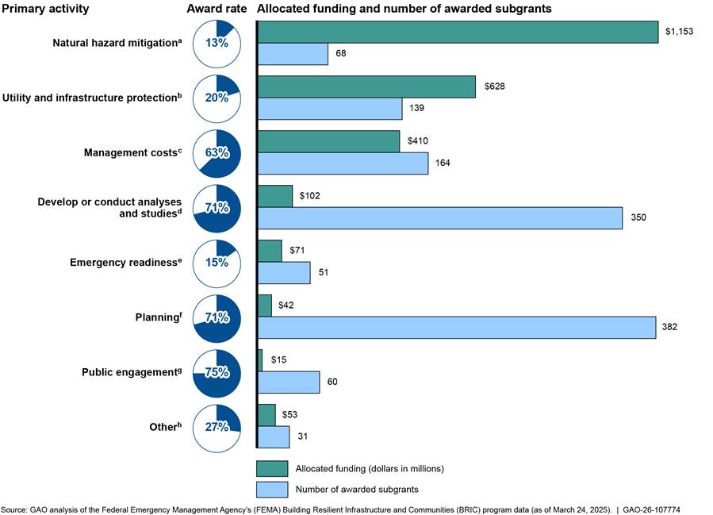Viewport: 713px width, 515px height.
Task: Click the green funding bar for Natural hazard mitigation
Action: (x=458, y=32)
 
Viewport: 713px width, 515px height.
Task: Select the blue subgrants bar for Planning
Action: (x=457, y=328)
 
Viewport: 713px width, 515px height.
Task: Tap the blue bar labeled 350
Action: (x=440, y=218)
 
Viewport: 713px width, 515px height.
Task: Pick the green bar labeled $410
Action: (x=329, y=141)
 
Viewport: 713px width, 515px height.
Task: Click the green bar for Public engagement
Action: (x=260, y=360)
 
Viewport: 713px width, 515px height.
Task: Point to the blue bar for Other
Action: (x=274, y=436)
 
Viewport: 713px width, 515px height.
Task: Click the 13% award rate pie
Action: (x=217, y=44)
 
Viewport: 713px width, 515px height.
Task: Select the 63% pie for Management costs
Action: (x=217, y=154)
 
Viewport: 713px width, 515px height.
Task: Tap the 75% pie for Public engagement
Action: (x=217, y=373)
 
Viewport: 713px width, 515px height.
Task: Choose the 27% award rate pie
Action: (x=217, y=428)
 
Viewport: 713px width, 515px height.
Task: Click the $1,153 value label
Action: (x=680, y=32)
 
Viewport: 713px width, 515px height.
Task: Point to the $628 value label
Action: (x=495, y=86)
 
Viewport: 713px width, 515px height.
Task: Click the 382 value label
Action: (x=669, y=327)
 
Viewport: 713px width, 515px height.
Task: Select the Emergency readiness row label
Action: (x=125, y=262)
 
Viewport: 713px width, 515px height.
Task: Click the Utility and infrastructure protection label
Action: (x=92, y=98)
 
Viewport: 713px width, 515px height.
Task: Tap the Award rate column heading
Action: (x=217, y=9)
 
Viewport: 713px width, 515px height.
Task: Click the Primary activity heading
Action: (x=45, y=9)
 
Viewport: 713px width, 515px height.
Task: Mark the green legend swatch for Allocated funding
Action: (x=272, y=469)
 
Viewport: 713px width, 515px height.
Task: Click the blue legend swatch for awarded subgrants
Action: (x=272, y=490)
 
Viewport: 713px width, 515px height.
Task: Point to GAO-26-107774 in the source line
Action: (x=651, y=510)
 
